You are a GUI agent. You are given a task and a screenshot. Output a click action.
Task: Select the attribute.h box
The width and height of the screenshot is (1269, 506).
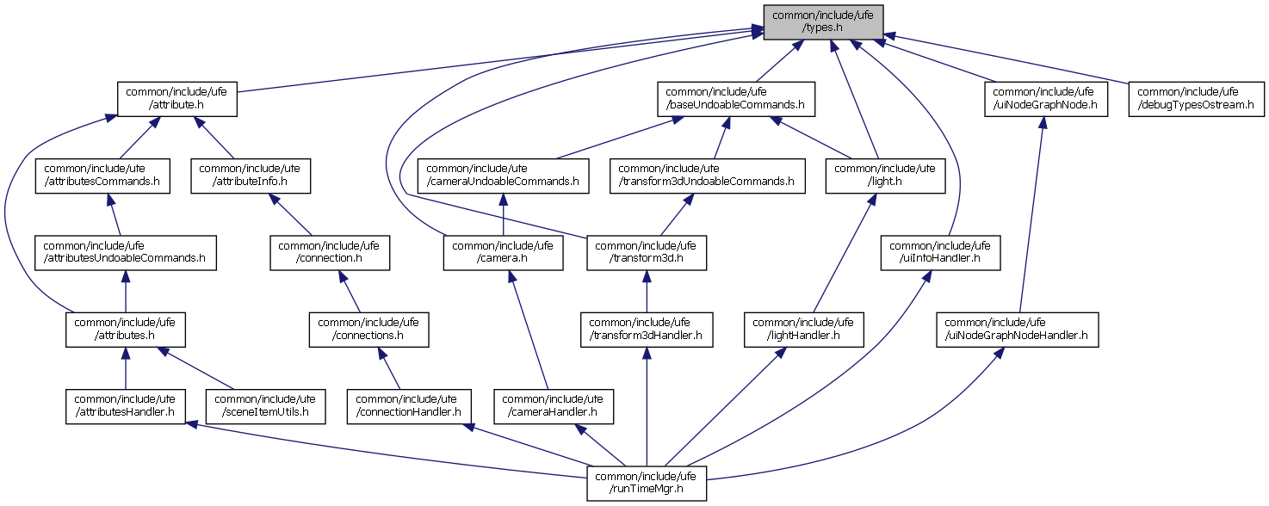pyautogui.click(x=177, y=98)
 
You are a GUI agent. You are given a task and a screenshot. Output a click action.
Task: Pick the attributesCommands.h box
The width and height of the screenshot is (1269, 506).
pyautogui.click(x=102, y=176)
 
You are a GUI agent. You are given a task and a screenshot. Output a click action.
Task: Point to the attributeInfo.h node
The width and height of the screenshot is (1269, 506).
pyautogui.click(x=250, y=176)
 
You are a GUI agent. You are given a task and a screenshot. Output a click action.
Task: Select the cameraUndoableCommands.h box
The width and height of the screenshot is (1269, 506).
pyautogui.click(x=503, y=176)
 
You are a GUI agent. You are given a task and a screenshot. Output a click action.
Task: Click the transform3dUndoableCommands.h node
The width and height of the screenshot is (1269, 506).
pyautogui.click(x=706, y=176)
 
